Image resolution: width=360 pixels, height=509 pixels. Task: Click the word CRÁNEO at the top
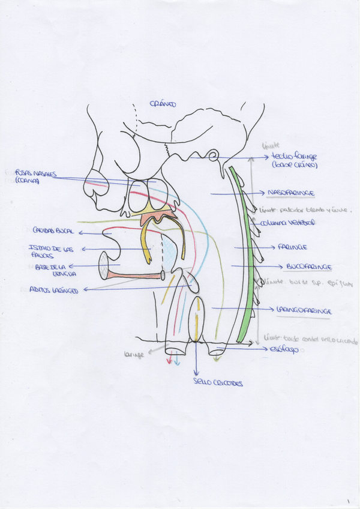click(x=163, y=104)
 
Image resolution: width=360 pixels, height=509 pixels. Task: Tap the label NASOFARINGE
click(x=292, y=192)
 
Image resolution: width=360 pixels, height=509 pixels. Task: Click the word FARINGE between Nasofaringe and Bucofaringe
click(x=292, y=247)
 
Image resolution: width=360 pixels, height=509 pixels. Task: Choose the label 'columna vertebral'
click(x=283, y=223)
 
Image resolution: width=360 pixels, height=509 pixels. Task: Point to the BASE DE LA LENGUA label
click(x=47, y=270)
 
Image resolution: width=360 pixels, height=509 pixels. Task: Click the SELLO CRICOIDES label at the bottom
click(x=210, y=382)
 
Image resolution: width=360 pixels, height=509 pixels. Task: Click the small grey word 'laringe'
click(x=133, y=355)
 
